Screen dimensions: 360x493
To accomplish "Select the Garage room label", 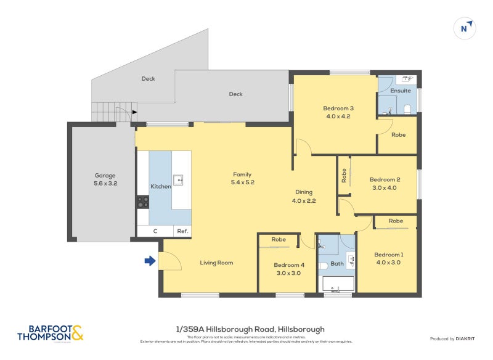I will (105, 176).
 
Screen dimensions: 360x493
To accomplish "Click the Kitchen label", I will (161, 186).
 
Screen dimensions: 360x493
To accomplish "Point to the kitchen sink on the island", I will (179, 179).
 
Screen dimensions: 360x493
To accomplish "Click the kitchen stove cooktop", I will (143, 201).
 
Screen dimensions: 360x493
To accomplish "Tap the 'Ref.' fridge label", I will (182, 231).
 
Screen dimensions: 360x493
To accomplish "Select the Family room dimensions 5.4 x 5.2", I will (242, 182).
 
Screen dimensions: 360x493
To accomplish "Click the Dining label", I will (304, 192).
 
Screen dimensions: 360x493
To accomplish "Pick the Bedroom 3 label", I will (338, 108).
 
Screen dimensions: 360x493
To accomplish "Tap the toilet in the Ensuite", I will (407, 109).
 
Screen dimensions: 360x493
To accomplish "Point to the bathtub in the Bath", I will (338, 284).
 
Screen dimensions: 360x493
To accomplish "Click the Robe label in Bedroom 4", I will (279, 239).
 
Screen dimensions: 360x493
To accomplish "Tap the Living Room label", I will (216, 263).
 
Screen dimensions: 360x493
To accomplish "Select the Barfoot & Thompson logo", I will (50, 333).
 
